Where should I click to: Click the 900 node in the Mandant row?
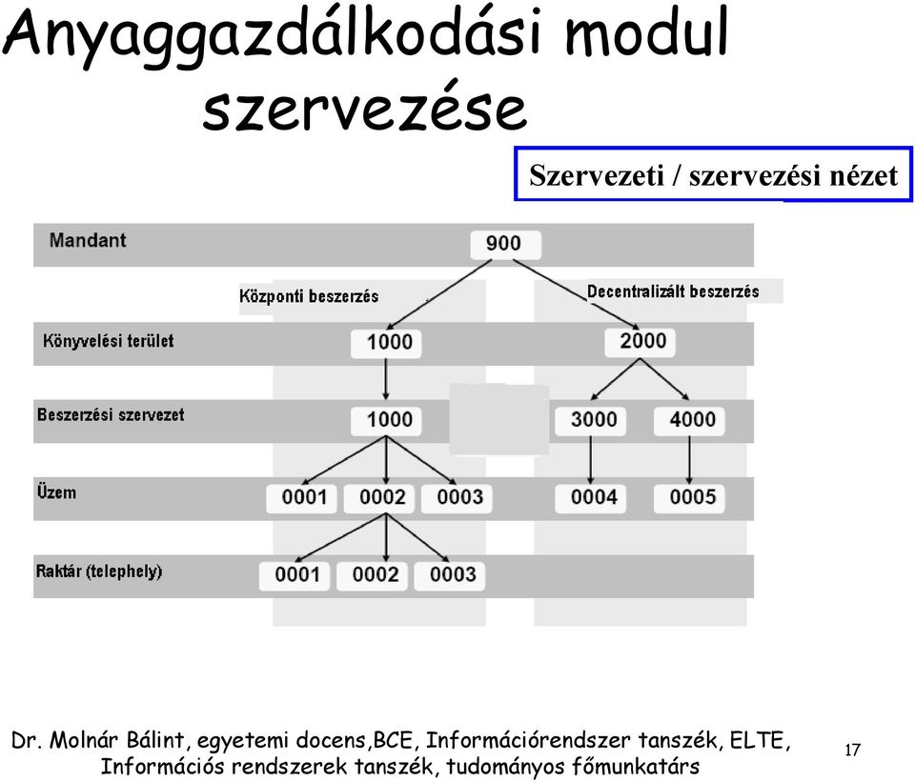point(505,245)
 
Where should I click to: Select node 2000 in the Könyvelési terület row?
point(640,342)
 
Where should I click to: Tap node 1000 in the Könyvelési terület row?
point(386,344)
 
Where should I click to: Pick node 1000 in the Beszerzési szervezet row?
point(386,421)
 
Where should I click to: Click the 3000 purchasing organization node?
point(591,421)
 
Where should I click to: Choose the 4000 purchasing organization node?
point(689,421)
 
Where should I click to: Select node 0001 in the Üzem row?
point(301,498)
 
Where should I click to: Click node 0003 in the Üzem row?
point(457,498)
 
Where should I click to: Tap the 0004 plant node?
point(591,498)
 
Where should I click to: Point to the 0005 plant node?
point(689,498)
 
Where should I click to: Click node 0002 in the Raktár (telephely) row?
point(372,576)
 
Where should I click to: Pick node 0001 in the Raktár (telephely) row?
point(295,576)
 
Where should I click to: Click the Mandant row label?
point(88,240)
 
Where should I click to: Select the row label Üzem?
point(56,492)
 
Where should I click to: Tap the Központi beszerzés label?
point(309,296)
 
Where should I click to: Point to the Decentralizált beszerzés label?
point(673,291)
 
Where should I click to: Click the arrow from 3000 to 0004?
point(591,460)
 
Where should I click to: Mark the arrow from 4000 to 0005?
point(689,460)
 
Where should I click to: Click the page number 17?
point(852,750)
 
